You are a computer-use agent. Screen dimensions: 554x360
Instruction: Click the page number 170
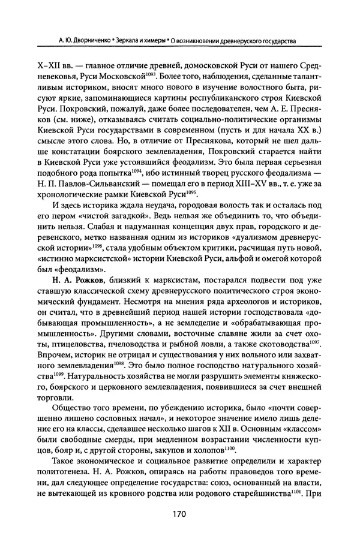[x=179, y=514]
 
